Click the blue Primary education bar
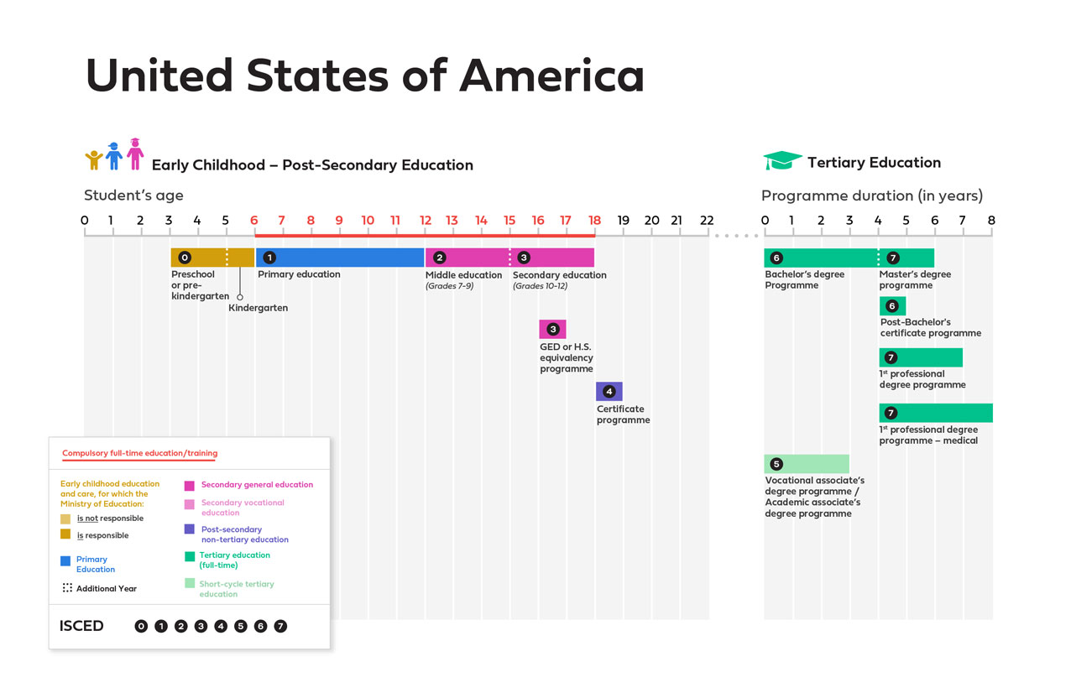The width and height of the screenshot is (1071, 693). coord(340,258)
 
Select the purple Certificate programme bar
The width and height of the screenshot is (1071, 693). coord(609,392)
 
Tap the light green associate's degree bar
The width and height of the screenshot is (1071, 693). coord(807,464)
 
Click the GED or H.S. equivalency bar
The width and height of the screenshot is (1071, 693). coord(552,329)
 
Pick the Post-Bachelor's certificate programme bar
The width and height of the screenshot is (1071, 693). coord(892,306)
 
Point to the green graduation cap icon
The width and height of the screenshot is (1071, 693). coord(782,161)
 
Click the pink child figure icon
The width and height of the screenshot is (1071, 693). coord(135,154)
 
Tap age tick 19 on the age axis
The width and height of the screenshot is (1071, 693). coord(623,221)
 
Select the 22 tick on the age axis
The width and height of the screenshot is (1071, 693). coord(707,221)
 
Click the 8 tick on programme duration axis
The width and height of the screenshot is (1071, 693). coord(991,221)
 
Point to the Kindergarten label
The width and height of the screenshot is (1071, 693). coord(258,308)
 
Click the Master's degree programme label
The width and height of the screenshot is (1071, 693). coord(915,279)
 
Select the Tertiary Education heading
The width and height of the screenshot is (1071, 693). coord(874,163)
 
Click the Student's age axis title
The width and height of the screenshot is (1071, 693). coord(133,195)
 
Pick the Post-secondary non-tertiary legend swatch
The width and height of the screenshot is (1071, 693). coord(190,529)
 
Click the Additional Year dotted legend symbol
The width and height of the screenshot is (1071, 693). coord(66,588)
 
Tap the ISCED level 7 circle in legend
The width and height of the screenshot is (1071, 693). coord(280,626)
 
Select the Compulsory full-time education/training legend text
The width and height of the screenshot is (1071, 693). coord(139,453)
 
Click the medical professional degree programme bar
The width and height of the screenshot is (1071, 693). coord(935,413)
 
